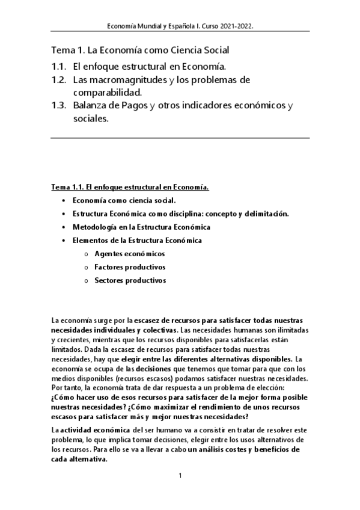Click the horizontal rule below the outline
(x=180, y=138)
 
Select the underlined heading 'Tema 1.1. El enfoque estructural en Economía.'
(x=130, y=187)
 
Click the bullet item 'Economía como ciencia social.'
(x=124, y=200)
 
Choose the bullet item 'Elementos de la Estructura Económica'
(x=136, y=240)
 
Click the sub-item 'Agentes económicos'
(x=130, y=253)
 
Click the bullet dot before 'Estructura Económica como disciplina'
(x=64, y=214)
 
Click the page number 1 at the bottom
(x=180, y=476)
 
